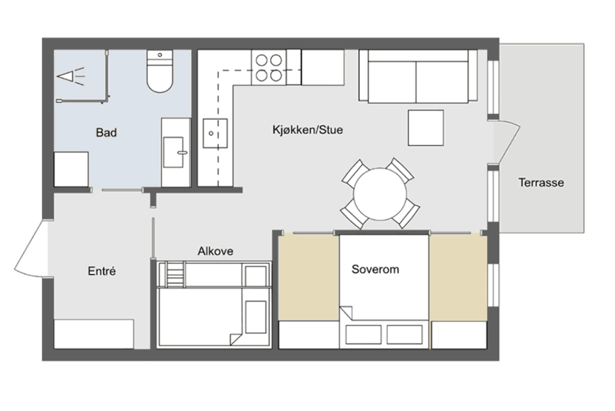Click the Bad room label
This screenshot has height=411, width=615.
coord(107,133)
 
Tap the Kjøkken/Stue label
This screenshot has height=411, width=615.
coord(308,130)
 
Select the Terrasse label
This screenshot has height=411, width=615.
coord(541,182)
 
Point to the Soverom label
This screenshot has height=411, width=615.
coord(375,270)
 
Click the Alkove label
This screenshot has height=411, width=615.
coord(215,251)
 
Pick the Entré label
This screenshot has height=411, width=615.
coord(101,271)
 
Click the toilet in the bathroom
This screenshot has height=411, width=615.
coord(160,71)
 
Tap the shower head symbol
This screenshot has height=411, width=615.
coord(71,76)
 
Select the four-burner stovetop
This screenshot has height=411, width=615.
coord(269,67)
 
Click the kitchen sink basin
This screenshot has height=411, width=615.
coord(215,133)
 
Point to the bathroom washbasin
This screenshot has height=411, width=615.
coord(174,152)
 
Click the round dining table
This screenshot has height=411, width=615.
coord(380,194)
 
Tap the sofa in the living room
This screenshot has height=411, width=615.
coord(418,76)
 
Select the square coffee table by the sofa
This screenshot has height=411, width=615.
coord(426,127)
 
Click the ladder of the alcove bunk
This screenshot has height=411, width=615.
coord(175,275)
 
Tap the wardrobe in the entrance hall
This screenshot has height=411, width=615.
coord(94,334)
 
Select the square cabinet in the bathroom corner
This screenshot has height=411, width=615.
coord(71,169)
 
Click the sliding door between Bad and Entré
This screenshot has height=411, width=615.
coord(122,190)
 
